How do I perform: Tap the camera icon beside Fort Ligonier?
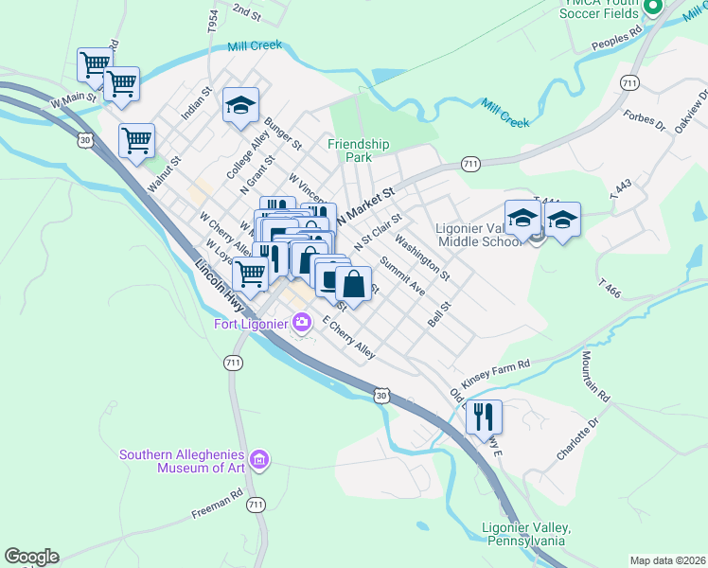302,323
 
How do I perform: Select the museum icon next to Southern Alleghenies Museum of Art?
260,461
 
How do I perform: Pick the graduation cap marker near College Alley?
240,105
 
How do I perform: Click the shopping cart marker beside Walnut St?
136,140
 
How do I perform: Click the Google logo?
31,557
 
